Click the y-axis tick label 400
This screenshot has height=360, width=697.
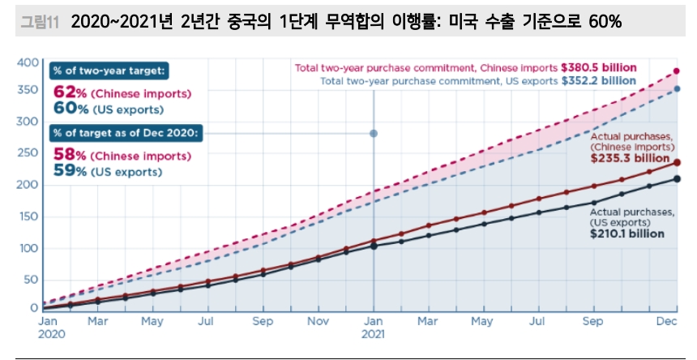coord(28,62)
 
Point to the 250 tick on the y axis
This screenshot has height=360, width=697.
coord(28,152)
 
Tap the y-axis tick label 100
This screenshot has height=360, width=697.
coord(28,247)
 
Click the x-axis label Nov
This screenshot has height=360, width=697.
coord(318,322)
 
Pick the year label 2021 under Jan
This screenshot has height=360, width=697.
coord(374,333)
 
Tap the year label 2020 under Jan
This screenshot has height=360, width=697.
coord(50,333)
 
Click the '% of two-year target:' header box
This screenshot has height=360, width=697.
coord(108,71)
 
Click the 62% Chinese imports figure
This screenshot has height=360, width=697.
coord(70,92)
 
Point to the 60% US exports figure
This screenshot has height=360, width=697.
coord(70,108)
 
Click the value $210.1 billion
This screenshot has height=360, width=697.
coord(627,234)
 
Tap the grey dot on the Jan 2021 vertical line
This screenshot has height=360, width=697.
coord(374,134)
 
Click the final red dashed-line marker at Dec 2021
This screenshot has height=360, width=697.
coord(677,72)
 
